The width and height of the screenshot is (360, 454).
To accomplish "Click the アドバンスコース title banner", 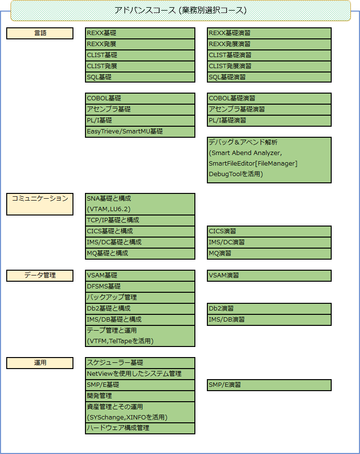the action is coord(180,11).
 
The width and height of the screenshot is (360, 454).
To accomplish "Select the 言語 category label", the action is coord(40,33).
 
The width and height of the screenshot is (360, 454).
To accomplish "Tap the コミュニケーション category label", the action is coord(40,204).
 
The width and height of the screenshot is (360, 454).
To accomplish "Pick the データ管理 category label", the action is coord(40,275).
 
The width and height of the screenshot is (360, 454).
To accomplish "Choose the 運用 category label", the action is coord(40,363).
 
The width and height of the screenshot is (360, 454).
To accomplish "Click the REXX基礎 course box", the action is coord(140,33).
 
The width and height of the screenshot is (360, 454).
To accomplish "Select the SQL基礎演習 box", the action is coord(269,77).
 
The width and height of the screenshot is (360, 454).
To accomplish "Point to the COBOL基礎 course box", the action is coord(140,98).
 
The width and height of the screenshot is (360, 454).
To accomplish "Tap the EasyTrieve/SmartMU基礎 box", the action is coord(140,131).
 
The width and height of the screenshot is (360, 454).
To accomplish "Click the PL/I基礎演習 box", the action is coord(269,120).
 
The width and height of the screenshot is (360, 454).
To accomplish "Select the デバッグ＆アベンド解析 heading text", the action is coord(243,142).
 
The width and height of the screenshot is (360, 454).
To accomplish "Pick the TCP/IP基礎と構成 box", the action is coord(140,220).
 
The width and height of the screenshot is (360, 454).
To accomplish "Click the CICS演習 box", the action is coord(269,231).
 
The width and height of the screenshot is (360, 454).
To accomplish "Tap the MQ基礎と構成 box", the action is coord(140,253).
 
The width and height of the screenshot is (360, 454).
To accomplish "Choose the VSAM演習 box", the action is coord(269,275).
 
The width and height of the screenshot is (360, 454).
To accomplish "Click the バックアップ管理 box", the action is coord(140,298).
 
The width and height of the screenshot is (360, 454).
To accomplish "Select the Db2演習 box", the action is coord(269,309).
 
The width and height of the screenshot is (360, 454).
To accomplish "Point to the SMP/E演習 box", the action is coord(269,385).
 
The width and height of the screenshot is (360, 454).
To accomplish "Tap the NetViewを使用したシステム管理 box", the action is coord(140,374).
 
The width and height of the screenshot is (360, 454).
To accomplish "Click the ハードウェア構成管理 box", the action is coord(140,428).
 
